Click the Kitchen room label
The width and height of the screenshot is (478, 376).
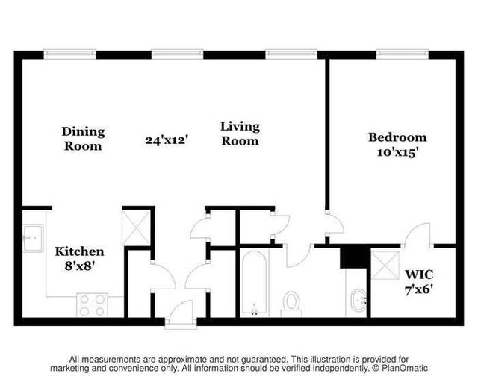pos(79,251)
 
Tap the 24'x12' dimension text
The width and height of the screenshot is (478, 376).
pos(166,140)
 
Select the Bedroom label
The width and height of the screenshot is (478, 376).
pos(397,137)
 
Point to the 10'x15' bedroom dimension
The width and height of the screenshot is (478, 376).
pos(397,152)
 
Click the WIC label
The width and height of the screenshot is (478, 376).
pos(419,275)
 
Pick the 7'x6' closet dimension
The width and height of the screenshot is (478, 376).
pos(419,289)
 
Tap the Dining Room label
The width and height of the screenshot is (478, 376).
pos(83,139)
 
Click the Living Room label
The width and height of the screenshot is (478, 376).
pos(240,134)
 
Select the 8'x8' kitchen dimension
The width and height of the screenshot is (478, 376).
pos(79,266)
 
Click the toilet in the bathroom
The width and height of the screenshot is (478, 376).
pos(291,304)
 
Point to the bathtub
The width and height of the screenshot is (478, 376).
pos(254,283)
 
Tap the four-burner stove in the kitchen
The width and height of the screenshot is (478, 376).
pos(92,305)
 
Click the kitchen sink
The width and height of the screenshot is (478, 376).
pos(33,238)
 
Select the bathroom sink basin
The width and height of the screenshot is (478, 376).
pos(358,301)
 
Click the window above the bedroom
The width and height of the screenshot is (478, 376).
pos(403,54)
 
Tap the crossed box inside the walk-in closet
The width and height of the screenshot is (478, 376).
pos(385,265)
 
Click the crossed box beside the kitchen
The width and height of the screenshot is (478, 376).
pos(136,228)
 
